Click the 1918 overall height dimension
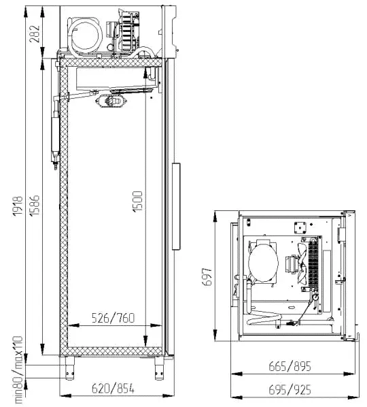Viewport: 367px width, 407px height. coord(18,206)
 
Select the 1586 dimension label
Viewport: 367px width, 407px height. coord(35,205)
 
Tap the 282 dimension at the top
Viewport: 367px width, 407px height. coord(35,34)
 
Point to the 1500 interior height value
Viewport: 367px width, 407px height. coord(137,201)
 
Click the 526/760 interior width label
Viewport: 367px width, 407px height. coord(113,319)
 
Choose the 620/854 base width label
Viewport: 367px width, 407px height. coord(113,389)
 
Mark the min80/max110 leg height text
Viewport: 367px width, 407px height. coord(18,370)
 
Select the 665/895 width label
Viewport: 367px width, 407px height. coord(290,367)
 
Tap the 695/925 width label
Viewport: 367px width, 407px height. coord(290,390)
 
